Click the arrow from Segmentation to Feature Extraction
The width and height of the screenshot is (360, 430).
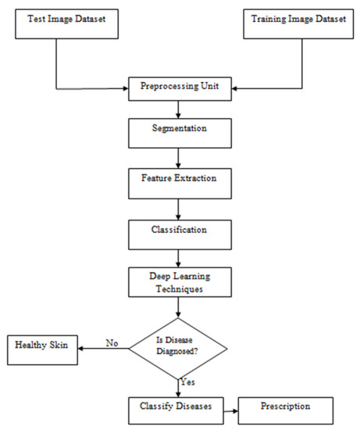[179, 156]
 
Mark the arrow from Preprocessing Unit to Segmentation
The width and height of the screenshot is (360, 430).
[179, 108]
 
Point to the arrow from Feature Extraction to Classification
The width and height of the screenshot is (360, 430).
[179, 207]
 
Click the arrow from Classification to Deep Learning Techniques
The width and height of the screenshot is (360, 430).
[179, 258]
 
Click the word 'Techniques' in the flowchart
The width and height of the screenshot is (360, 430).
[179, 288]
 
